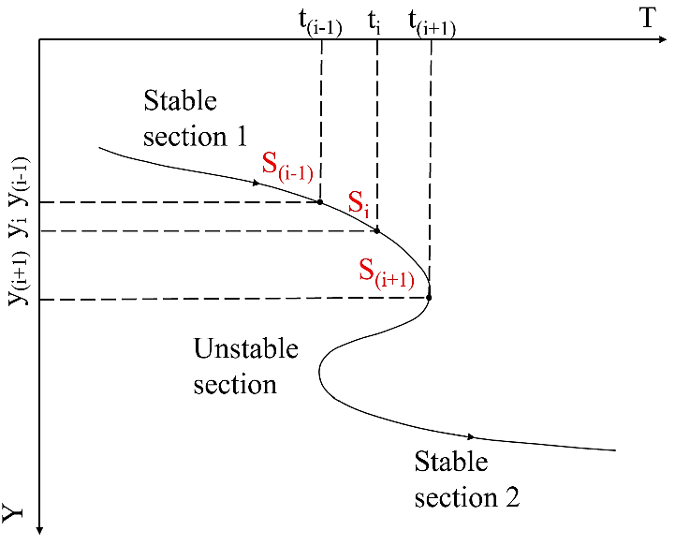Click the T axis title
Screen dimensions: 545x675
point(647,22)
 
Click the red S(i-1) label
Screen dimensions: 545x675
point(287,168)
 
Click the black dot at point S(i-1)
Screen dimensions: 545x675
point(320,201)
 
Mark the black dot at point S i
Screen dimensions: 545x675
point(377,230)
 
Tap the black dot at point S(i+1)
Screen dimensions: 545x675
point(429,298)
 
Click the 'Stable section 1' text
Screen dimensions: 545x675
point(195,118)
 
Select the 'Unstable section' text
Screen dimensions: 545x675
point(245,366)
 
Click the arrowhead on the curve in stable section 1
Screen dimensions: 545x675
point(256,182)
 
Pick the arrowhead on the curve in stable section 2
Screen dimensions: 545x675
point(472,436)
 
